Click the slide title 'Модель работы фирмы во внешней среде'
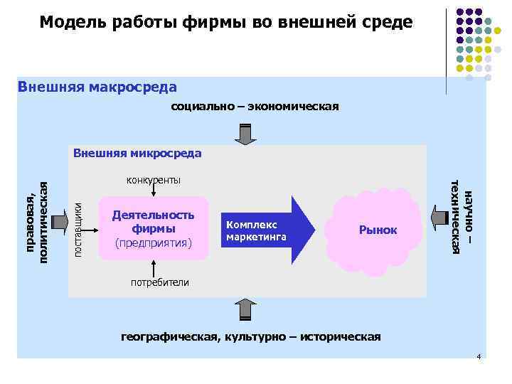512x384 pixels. tap(225, 22)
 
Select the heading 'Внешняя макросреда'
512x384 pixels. tap(97, 87)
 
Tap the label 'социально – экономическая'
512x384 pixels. tap(255, 107)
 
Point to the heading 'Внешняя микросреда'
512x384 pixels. tap(137, 153)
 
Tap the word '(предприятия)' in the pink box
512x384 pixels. tap(154, 243)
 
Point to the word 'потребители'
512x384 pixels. tap(160, 282)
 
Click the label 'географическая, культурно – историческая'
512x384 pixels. tap(251, 336)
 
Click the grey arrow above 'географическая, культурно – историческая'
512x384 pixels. tap(245, 309)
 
